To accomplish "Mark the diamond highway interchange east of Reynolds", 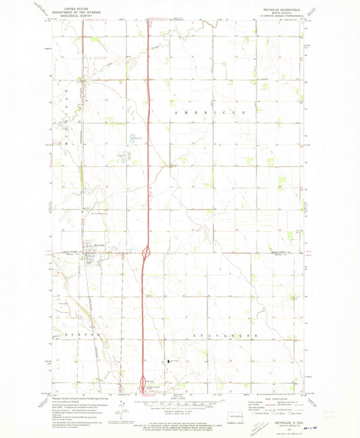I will pyautogui.click(x=147, y=253).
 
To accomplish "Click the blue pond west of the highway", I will pyautogui.click(x=132, y=139).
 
